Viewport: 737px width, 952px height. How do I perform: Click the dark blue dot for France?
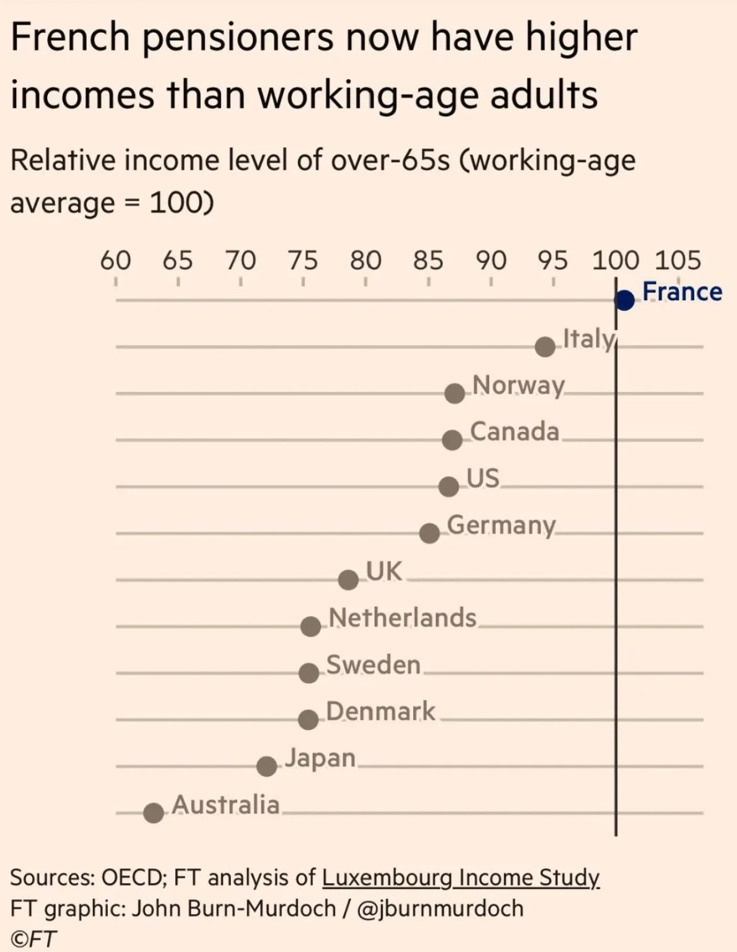[625, 301]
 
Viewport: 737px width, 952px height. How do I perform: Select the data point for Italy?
[545, 347]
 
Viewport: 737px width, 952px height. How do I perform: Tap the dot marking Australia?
[154, 813]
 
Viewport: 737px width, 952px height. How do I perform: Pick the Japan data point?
[266, 766]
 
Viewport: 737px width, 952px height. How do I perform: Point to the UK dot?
[349, 579]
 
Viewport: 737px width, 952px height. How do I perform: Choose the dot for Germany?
[429, 533]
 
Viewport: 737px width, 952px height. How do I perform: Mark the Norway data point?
[455, 393]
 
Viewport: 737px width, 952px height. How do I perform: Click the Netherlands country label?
[403, 618]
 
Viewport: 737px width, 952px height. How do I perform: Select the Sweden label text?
[373, 665]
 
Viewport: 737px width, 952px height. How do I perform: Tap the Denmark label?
[380, 711]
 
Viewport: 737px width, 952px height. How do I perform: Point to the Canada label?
[514, 431]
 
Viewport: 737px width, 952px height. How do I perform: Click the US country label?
[482, 478]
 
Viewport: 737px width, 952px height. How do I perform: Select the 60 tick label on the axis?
[115, 261]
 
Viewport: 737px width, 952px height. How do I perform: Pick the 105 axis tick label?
[678, 261]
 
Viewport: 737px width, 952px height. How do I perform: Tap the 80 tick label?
[365, 261]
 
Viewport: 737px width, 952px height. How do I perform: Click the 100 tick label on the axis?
[615, 261]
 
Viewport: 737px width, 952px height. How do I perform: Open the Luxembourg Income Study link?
[461, 877]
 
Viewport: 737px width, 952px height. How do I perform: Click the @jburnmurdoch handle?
[440, 908]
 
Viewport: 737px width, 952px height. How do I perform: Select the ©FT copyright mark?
[33, 939]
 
